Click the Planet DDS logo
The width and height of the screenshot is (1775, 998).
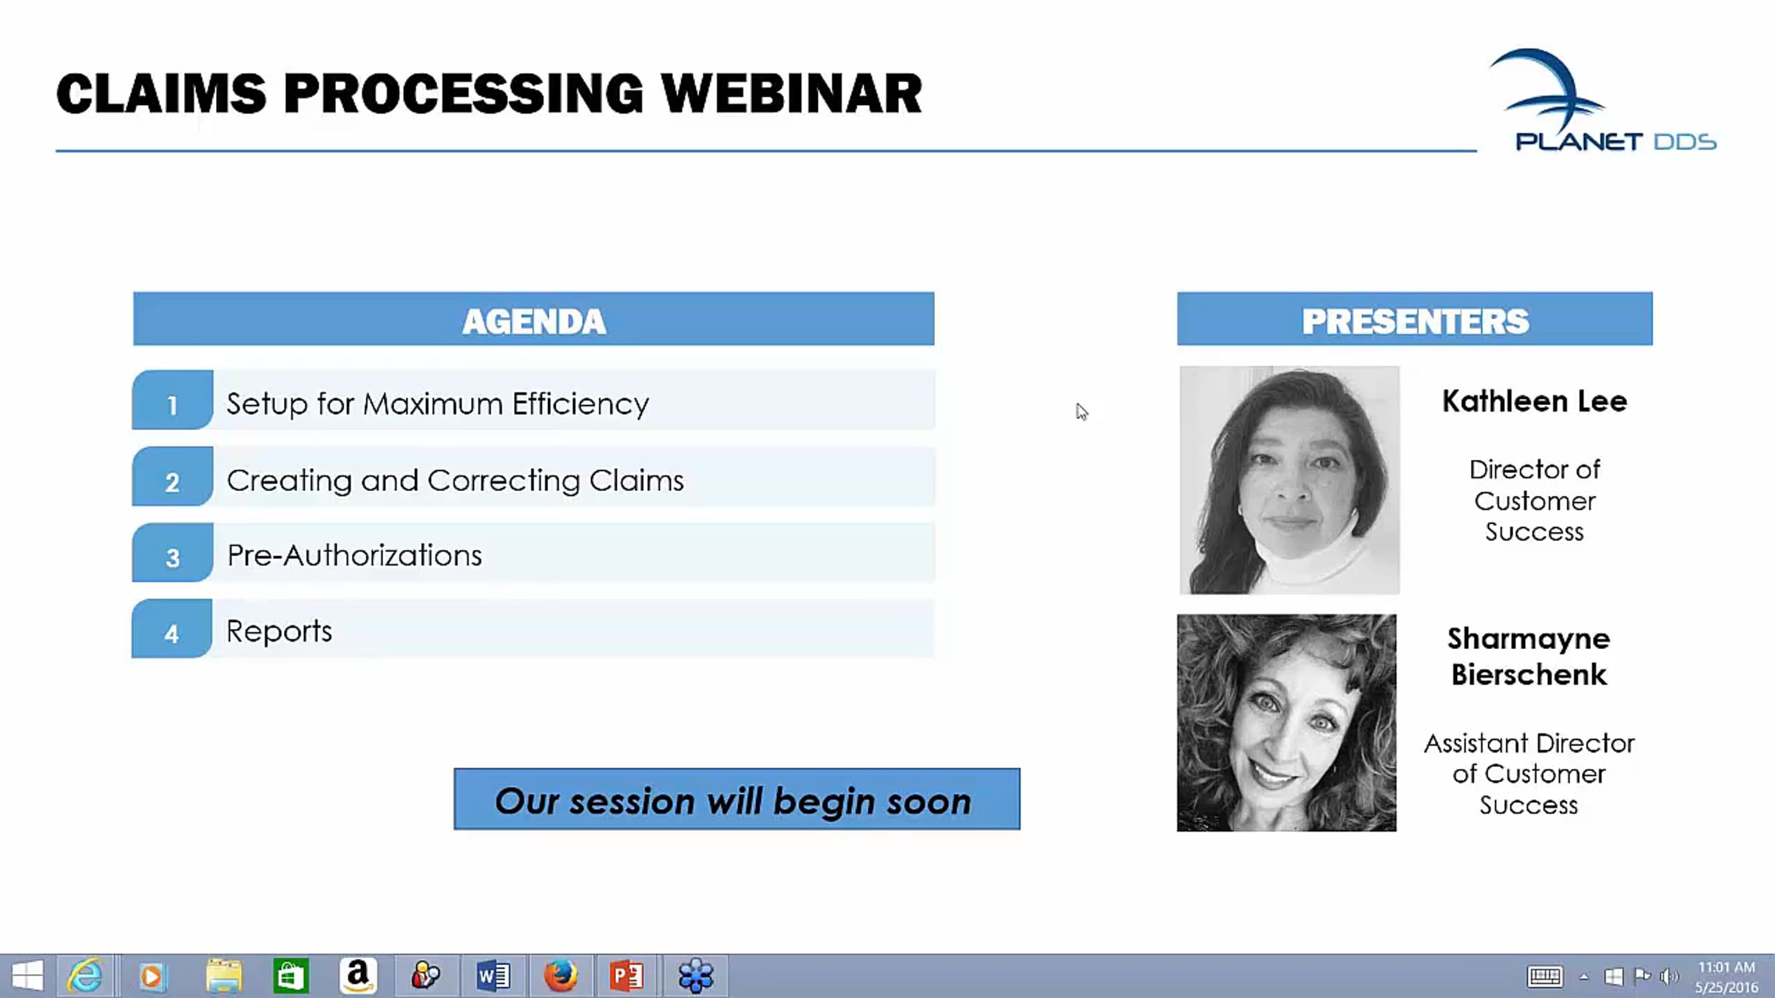[x=1602, y=101]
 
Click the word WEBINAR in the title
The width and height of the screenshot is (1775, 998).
[x=791, y=94]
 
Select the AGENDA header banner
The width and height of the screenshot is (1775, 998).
[x=533, y=319]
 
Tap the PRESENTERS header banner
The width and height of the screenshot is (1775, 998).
[x=1415, y=319]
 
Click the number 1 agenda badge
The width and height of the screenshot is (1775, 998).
[x=172, y=400]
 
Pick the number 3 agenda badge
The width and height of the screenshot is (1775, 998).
[x=172, y=552]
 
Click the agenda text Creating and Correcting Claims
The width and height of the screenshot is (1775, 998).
[x=456, y=481]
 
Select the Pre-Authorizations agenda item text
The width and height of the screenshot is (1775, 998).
[x=354, y=555]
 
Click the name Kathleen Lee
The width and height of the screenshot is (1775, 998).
[x=1535, y=401]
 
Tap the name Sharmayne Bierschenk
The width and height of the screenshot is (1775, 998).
[x=1529, y=656]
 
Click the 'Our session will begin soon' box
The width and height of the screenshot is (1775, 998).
[x=737, y=799]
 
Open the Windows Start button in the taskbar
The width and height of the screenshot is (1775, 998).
[x=27, y=977]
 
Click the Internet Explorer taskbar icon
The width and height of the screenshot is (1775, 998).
[x=85, y=976]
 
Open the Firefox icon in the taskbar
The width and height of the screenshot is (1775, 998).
[x=560, y=976]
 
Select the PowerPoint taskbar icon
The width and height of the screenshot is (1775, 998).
[x=626, y=976]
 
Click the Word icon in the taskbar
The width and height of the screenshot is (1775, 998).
[x=493, y=976]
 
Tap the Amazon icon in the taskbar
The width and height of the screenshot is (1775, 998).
[x=358, y=976]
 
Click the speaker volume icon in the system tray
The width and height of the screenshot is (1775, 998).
[x=1668, y=977]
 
